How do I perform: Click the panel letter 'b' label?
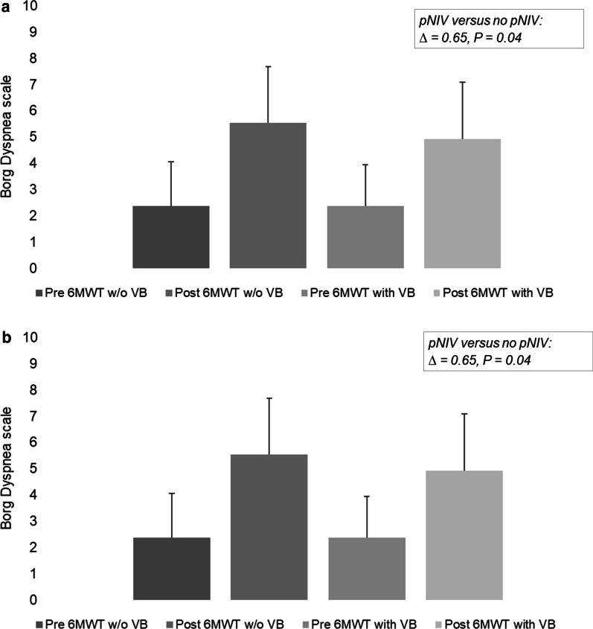[x=6, y=337]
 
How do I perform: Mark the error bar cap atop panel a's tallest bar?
[x=268, y=66]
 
